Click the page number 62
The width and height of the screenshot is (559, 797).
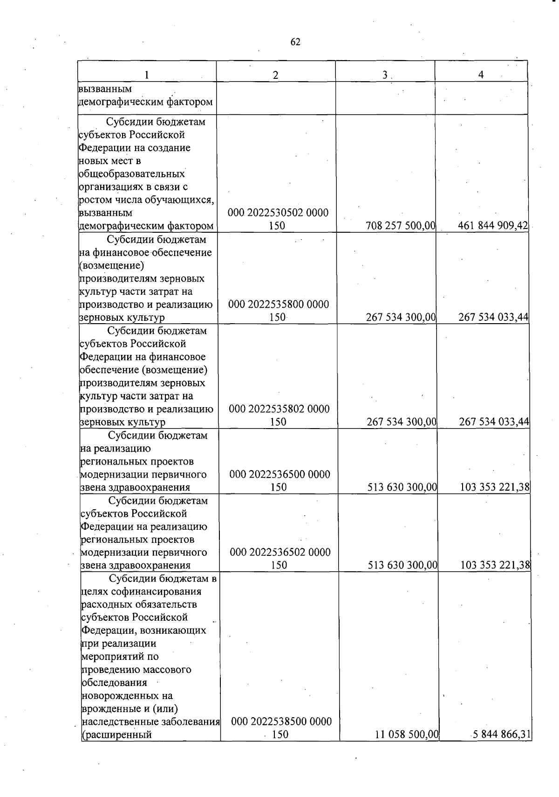click(x=295, y=42)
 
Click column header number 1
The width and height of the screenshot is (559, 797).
click(x=147, y=75)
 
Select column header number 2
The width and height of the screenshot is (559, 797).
click(x=276, y=75)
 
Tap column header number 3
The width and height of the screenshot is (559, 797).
click(x=385, y=75)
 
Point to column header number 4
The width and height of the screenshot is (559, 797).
click(x=481, y=74)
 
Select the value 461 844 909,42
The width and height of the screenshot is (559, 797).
click(x=493, y=226)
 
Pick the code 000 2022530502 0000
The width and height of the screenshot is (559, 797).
click(x=278, y=213)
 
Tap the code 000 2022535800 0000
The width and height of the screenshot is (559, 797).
click(x=279, y=305)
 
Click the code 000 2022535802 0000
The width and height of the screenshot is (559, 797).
click(x=279, y=409)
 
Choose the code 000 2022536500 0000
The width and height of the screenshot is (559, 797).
click(x=279, y=474)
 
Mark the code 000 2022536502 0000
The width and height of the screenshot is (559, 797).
click(x=280, y=552)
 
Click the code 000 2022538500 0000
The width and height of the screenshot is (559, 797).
click(x=281, y=721)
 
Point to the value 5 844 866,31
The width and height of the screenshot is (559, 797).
click(x=502, y=735)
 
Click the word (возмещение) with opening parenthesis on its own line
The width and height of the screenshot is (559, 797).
click(x=112, y=265)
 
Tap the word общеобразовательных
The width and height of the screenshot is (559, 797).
click(x=132, y=174)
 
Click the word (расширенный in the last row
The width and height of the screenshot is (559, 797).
click(x=117, y=735)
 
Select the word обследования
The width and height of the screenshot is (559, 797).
click(x=115, y=683)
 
